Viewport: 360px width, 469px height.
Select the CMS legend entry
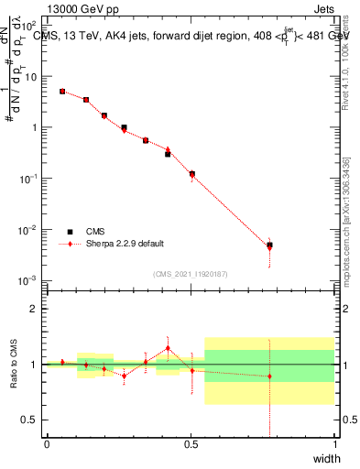(x=95, y=232)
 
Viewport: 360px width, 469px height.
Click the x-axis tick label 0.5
(x=191, y=444)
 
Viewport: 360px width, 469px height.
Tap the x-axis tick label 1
(x=335, y=444)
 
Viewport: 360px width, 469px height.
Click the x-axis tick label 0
(x=47, y=444)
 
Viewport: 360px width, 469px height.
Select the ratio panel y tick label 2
(x=34, y=309)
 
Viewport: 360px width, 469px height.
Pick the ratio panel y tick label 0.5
(x=30, y=420)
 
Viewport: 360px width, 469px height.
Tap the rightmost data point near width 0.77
(x=269, y=245)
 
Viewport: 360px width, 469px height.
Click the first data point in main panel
(x=62, y=92)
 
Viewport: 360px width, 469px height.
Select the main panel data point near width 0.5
(x=191, y=173)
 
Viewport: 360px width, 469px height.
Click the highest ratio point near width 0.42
(x=168, y=348)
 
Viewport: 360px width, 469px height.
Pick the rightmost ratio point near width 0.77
(x=269, y=376)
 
